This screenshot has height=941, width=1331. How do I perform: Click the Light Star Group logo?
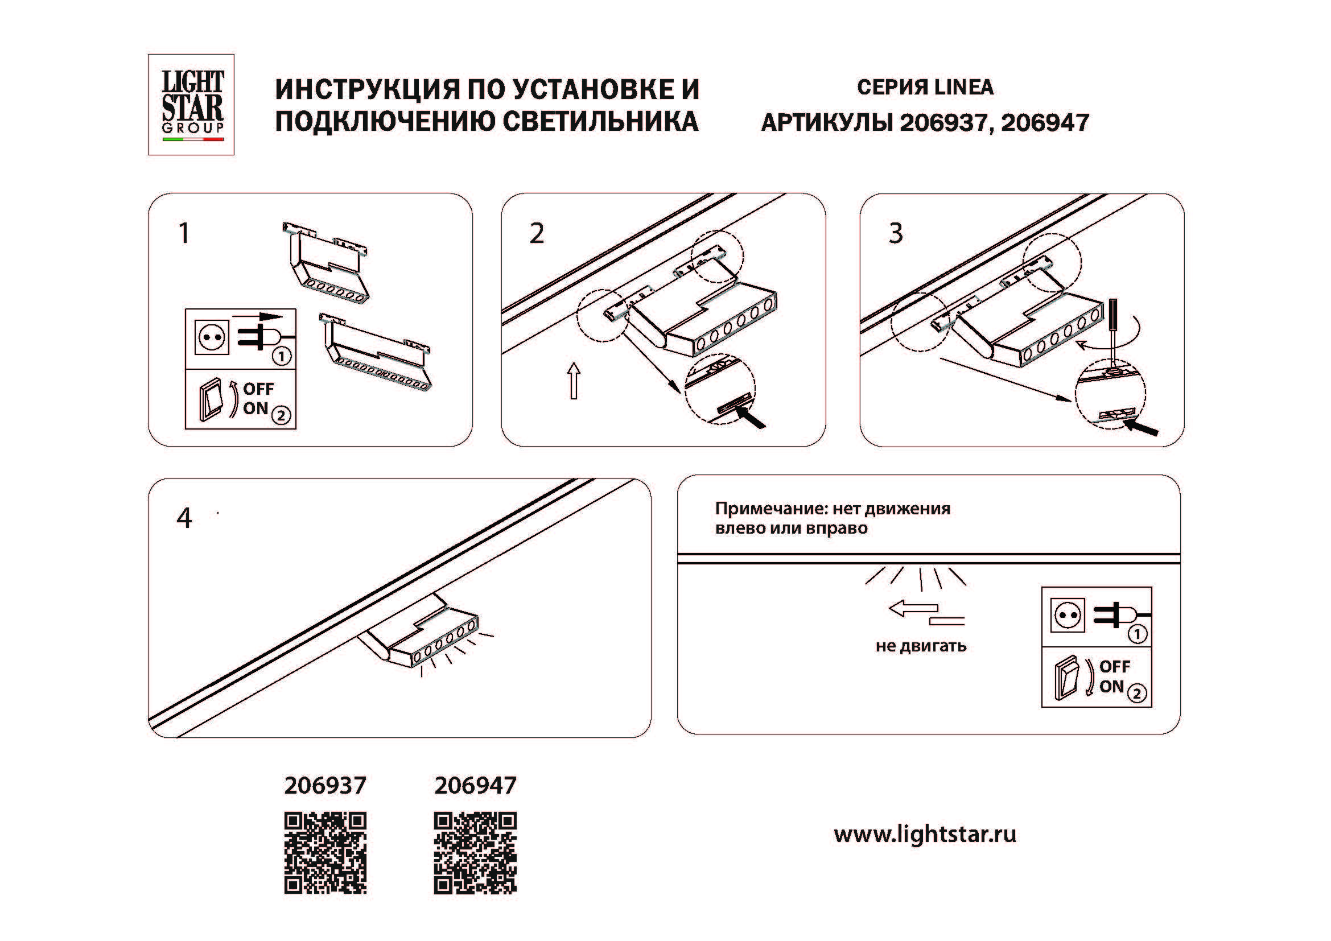click(191, 105)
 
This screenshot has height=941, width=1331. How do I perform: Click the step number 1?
click(184, 233)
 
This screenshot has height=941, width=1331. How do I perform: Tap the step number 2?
click(537, 233)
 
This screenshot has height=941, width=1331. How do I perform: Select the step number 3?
click(896, 233)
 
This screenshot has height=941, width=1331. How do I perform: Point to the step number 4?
click(184, 518)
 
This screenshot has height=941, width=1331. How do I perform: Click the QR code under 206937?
click(325, 852)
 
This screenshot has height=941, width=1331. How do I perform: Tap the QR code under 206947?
click(475, 852)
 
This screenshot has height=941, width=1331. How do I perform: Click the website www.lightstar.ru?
click(925, 835)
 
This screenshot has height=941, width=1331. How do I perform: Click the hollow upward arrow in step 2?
click(574, 381)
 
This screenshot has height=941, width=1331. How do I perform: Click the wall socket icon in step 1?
click(212, 337)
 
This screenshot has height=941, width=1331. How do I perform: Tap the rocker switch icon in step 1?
click(211, 400)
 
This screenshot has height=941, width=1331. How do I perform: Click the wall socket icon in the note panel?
click(1067, 616)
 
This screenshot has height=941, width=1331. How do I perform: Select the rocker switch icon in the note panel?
click(1065, 678)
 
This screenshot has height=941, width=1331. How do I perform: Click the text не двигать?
click(921, 646)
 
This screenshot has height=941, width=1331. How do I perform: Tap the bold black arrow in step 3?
click(1142, 428)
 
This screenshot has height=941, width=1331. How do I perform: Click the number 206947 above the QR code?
click(475, 786)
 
